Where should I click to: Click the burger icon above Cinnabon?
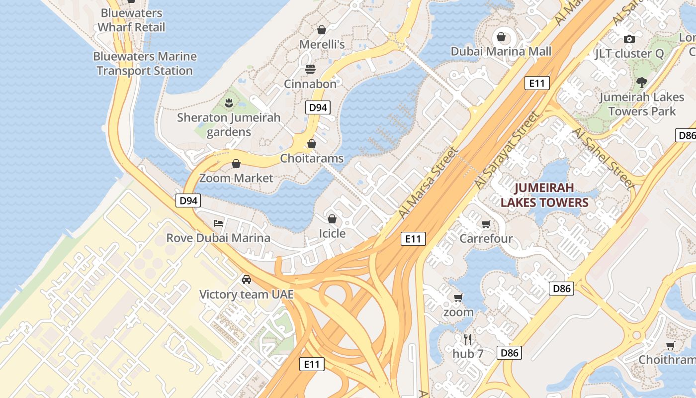(310, 69)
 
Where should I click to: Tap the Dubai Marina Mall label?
(501, 51)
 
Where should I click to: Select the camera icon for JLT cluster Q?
(629, 39)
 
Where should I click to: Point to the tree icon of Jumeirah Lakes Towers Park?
(642, 82)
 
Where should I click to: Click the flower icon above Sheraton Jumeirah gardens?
(229, 103)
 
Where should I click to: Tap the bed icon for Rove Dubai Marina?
(218, 223)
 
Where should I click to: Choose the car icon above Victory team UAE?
(246, 279)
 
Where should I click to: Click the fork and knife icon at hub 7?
(467, 339)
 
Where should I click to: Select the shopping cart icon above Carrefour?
(486, 224)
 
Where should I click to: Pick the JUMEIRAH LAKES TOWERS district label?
(544, 195)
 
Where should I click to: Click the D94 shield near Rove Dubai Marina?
(188, 201)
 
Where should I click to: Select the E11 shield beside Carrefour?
(413, 239)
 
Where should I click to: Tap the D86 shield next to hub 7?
(510, 353)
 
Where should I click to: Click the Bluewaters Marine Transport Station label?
(145, 64)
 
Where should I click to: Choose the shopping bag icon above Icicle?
(332, 219)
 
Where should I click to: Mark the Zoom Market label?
(236, 178)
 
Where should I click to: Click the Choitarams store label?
(312, 159)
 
